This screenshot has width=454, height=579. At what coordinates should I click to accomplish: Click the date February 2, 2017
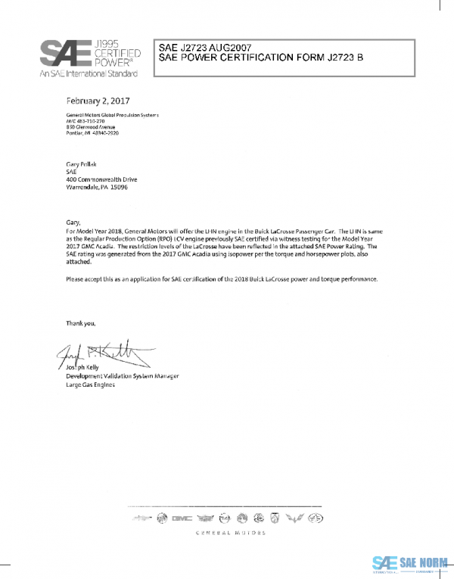[x=98, y=101]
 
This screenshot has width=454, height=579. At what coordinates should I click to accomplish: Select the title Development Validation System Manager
[x=122, y=376]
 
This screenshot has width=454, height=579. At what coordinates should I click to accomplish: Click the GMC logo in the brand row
[x=181, y=518]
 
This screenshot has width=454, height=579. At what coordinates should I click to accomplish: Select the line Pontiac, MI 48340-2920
[x=93, y=132]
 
